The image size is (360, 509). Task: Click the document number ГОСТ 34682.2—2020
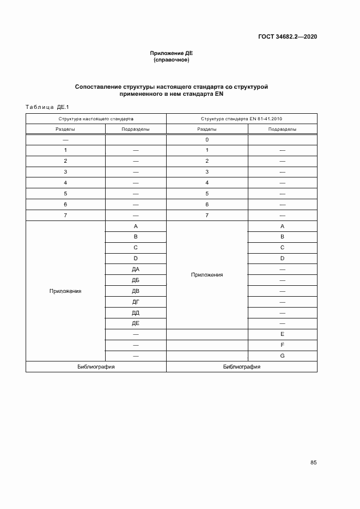[288, 37]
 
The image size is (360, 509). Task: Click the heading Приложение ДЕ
[172, 53]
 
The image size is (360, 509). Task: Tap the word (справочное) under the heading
[172, 60]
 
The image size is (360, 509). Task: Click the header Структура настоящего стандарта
[96, 118]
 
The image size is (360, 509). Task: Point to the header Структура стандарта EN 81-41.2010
[241, 118]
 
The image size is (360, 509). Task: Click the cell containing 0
[207, 139]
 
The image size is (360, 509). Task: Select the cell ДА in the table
[135, 269]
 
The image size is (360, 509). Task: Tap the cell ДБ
[135, 280]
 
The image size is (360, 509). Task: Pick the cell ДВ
[135, 291]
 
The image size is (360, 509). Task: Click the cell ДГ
[135, 302]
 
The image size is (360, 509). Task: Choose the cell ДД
[135, 312]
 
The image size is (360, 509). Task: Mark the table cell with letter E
[282, 334]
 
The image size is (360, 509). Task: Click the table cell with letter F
[282, 345]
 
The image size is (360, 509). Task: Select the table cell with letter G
[282, 355]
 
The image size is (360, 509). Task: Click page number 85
[313, 463]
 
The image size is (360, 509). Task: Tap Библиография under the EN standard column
[241, 367]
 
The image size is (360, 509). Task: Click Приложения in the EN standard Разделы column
[207, 275]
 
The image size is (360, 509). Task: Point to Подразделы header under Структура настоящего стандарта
[135, 129]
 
